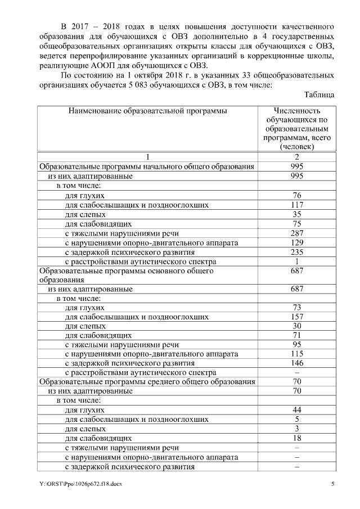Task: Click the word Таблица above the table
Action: [x=319, y=95]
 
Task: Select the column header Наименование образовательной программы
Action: [x=147, y=111]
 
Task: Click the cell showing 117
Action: [x=296, y=205]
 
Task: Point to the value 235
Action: [x=296, y=251]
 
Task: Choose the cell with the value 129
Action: [x=296, y=242]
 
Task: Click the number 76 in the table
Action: [x=296, y=195]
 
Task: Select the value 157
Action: [x=296, y=317]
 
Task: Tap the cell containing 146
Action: [x=296, y=363]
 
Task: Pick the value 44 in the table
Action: [x=296, y=410]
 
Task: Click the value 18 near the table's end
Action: [x=296, y=438]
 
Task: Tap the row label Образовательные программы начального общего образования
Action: [x=146, y=166]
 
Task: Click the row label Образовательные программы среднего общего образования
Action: [x=146, y=382]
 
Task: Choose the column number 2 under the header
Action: [x=296, y=157]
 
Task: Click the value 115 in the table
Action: [x=296, y=354]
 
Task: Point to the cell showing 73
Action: [x=296, y=307]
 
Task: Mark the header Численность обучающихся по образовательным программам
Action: [x=296, y=128]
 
